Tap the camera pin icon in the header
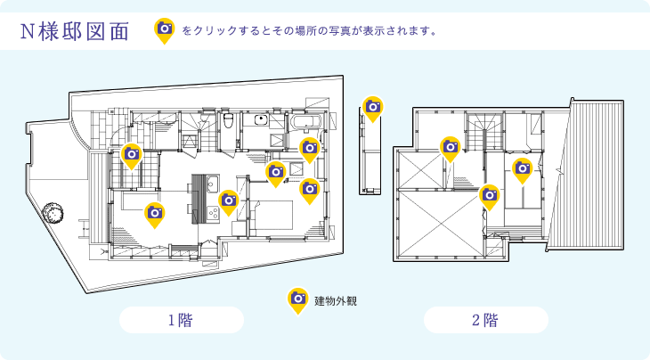tap(165, 30)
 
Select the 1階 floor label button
tap(181, 320)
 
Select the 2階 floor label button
tap(485, 320)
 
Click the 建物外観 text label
tap(336, 301)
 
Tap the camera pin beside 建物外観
tap(298, 299)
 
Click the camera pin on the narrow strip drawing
tap(373, 109)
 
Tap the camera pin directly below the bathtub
tap(309, 149)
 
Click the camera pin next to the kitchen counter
tap(229, 201)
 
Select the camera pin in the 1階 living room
tap(155, 214)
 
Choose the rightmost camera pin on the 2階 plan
tap(523, 169)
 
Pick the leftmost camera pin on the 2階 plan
tap(451, 148)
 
